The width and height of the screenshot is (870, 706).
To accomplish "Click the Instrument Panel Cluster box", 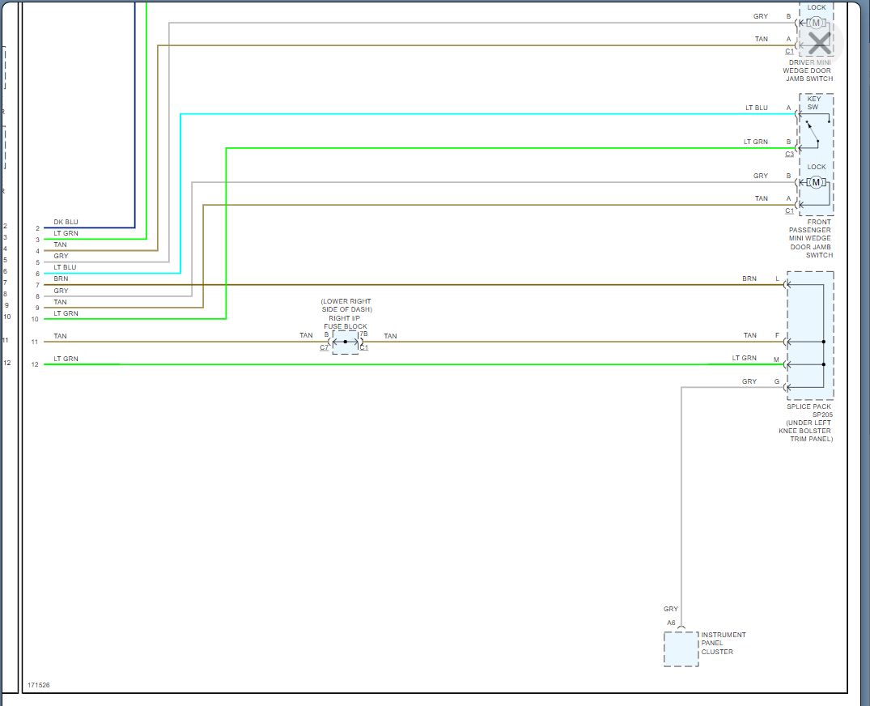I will (x=681, y=649).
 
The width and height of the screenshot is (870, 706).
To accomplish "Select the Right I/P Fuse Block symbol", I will (x=345, y=342).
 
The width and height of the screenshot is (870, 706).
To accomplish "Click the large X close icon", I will (x=819, y=42).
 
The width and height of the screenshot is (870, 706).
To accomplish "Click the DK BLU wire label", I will (x=66, y=222).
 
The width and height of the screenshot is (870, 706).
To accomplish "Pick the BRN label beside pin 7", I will (x=61, y=279).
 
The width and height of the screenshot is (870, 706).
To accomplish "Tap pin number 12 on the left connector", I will (x=7, y=363).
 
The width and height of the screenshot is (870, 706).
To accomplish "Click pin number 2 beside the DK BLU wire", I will (x=37, y=228).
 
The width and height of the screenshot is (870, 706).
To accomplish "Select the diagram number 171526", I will (x=37, y=685).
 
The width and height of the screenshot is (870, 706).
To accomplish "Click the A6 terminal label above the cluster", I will (x=671, y=623).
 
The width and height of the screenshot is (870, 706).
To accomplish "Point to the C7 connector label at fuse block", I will (x=324, y=348).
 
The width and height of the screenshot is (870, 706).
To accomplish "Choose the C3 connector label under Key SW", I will (x=789, y=154).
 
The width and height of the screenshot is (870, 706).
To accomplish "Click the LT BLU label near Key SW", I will (x=756, y=108).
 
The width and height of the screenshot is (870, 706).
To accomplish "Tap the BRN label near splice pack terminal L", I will (x=749, y=279).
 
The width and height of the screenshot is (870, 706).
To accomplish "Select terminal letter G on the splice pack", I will (x=777, y=381).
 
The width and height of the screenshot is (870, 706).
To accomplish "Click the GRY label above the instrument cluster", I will (x=671, y=609).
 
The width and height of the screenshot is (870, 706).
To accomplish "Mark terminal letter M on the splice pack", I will (x=777, y=359).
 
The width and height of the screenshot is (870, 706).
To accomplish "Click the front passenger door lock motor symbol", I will (x=816, y=181).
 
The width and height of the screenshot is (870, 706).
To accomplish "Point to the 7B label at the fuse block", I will (x=363, y=334).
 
